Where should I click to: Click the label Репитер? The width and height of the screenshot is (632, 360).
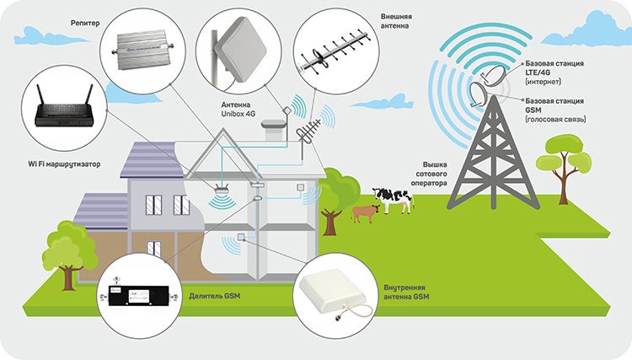click(85, 23)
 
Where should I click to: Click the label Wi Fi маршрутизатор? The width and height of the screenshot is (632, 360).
click(64, 164)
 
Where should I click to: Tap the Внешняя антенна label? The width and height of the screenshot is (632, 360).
click(396, 21)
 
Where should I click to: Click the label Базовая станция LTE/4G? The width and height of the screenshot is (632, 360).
click(554, 73)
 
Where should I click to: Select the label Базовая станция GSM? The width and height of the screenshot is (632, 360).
click(555, 110)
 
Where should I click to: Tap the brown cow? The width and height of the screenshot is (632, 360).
click(365, 213)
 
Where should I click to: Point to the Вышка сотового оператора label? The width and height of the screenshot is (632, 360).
click(429, 174)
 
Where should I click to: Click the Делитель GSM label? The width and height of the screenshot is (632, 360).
click(214, 296)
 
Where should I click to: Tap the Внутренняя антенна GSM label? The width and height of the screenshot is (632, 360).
click(406, 293)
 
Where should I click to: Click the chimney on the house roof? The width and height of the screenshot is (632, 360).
click(274, 129)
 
